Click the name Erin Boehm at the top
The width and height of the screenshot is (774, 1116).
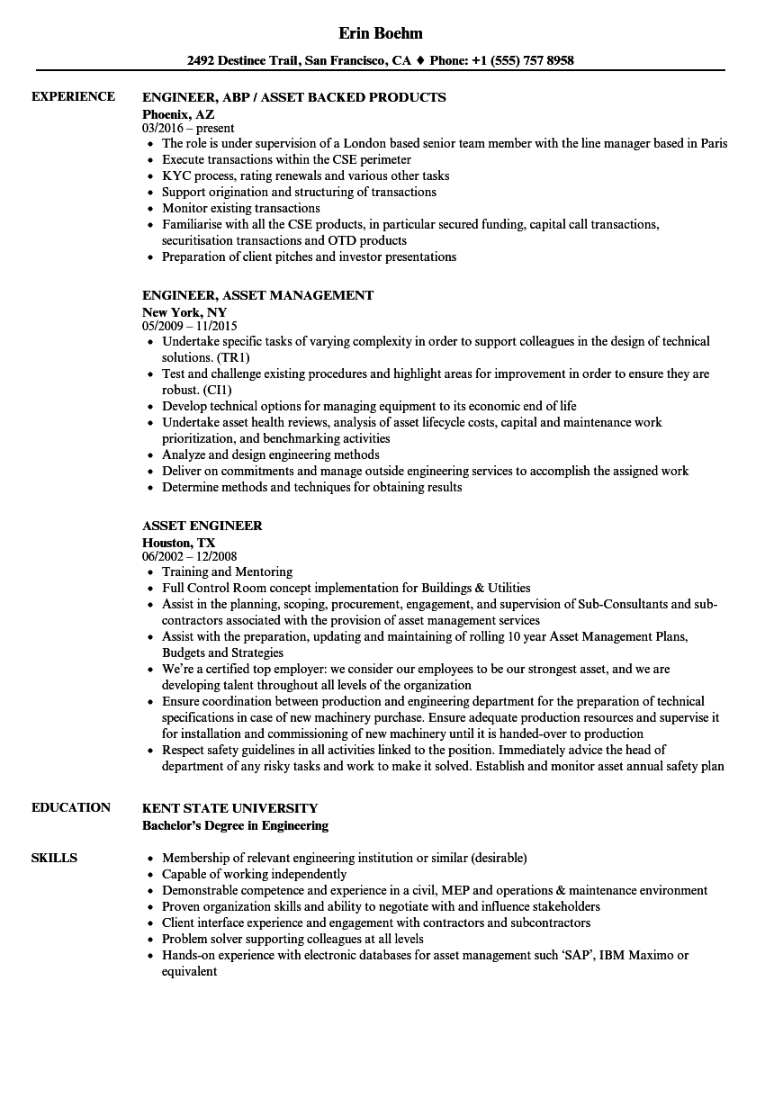pyautogui.click(x=381, y=33)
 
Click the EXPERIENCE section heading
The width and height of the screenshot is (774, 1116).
pyautogui.click(x=73, y=96)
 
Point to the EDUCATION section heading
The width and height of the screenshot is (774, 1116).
pyautogui.click(x=71, y=807)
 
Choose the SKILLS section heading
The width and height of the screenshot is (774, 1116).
pyautogui.click(x=54, y=858)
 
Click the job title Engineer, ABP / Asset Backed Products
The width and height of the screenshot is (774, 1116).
pyautogui.click(x=294, y=97)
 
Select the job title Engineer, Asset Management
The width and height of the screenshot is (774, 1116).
pyautogui.click(x=257, y=295)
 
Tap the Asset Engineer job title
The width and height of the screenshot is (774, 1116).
pyautogui.click(x=202, y=526)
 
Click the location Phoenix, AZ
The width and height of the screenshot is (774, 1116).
pyautogui.click(x=178, y=114)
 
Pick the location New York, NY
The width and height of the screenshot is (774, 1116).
pyautogui.click(x=184, y=312)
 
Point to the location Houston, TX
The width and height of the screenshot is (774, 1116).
pyautogui.click(x=178, y=543)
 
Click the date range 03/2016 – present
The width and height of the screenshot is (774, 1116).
pyautogui.click(x=188, y=129)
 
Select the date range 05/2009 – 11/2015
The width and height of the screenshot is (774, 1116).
pyautogui.click(x=190, y=327)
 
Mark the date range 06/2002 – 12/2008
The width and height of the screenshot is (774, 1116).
pyautogui.click(x=190, y=557)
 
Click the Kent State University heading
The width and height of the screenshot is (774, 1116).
pyautogui.click(x=229, y=808)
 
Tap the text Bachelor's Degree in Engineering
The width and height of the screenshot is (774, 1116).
pyautogui.click(x=235, y=825)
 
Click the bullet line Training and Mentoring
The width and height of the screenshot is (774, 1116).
pyautogui.click(x=227, y=571)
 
